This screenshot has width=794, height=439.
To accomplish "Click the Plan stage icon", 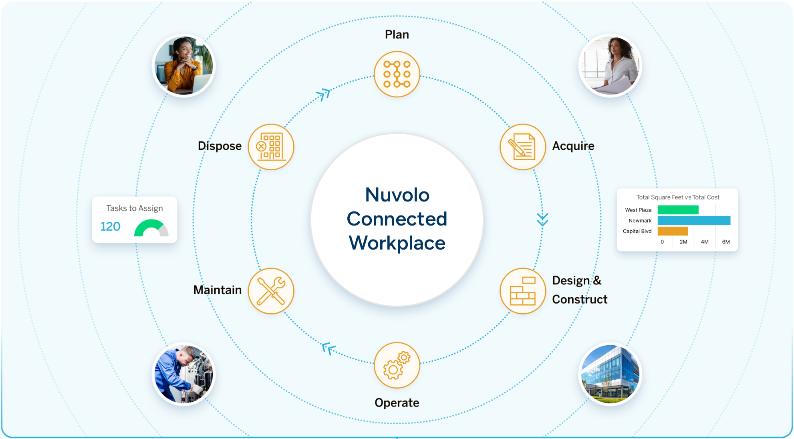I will click(397, 74).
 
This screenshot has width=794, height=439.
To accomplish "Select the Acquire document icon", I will click(522, 147).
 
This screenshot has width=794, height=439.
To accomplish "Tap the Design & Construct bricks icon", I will click(522, 291).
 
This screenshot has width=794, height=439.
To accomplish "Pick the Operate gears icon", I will click(397, 365).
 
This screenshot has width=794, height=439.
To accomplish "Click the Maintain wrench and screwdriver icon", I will click(271, 291).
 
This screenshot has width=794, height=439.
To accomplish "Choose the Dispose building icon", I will click(271, 147).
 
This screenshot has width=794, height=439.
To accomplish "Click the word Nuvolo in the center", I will click(397, 195).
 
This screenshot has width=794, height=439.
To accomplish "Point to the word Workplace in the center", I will click(397, 243).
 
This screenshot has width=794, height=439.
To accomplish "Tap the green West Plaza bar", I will click(678, 210).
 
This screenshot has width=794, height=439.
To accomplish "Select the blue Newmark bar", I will click(693, 220).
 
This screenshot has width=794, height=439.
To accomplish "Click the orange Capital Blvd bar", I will click(673, 231).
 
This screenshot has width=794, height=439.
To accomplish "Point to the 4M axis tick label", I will click(705, 242).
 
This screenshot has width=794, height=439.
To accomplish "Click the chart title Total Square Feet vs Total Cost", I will click(678, 197).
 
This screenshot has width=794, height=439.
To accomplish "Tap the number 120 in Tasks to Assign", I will click(110, 226).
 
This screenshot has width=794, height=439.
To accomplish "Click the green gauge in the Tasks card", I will click(151, 228).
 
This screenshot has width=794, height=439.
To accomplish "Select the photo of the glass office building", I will click(610, 374).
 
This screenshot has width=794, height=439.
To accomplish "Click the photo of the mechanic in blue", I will click(184, 374).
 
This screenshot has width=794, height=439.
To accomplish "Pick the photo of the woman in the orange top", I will click(184, 66).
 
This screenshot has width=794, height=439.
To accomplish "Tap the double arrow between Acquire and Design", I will click(542, 219).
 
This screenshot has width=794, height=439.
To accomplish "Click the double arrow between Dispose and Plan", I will click(323, 95).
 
